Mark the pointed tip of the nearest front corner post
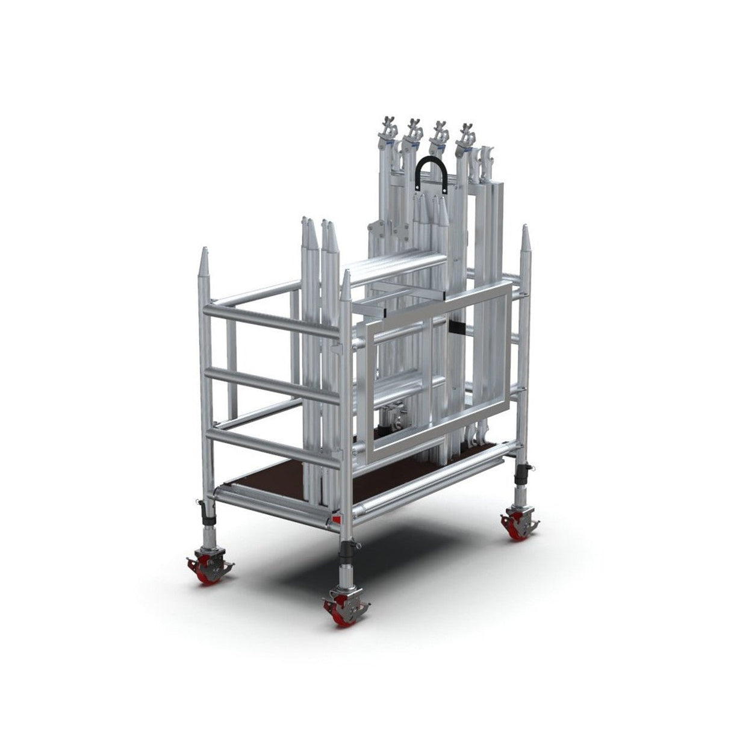point(346,278)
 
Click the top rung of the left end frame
point(271,322)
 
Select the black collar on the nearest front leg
point(348,549)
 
